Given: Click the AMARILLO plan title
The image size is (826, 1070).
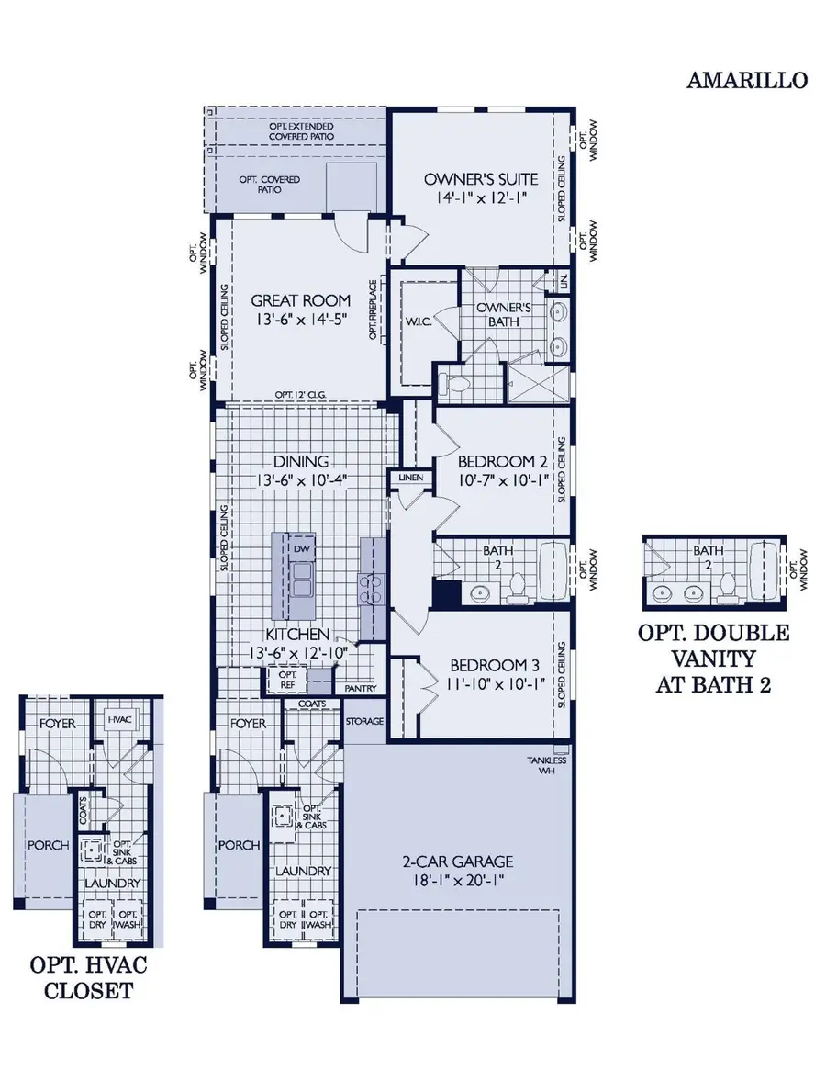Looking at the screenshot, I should (x=747, y=80).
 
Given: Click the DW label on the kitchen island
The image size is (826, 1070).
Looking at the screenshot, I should (x=300, y=548).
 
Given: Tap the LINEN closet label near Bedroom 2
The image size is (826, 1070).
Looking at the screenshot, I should (x=408, y=479).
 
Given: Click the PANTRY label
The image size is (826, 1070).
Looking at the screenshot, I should (x=360, y=687).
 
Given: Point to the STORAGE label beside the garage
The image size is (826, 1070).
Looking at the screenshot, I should (x=364, y=722).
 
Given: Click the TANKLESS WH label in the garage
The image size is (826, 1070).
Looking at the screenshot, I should (x=546, y=766).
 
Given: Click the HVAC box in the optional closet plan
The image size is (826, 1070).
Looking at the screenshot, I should (x=120, y=719).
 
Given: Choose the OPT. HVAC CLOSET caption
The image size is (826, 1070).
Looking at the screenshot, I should (x=88, y=977).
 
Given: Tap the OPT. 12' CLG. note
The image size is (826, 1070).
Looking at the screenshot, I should (x=301, y=395).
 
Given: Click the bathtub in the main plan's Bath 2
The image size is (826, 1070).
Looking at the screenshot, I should (x=553, y=570).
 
